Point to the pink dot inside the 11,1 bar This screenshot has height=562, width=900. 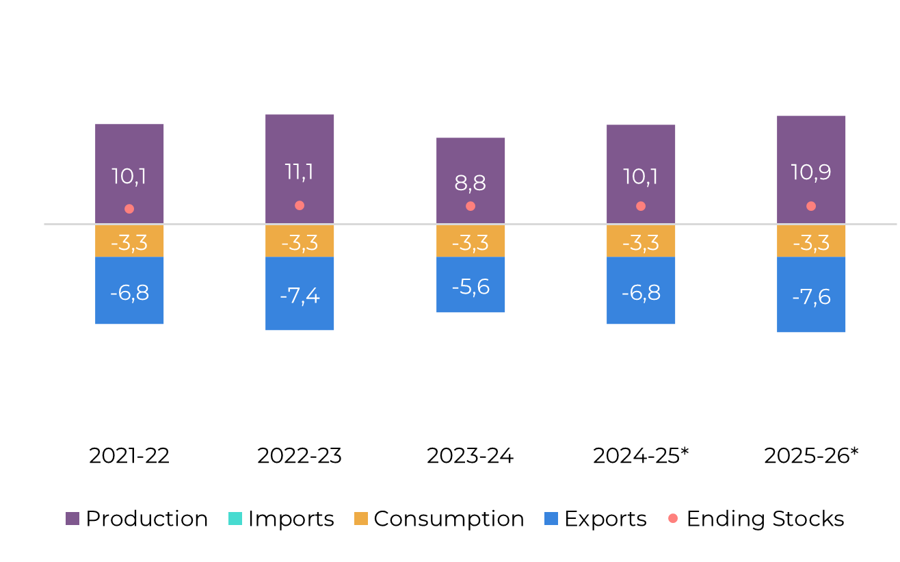click(x=300, y=205)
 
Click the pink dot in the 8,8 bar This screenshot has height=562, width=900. click(x=471, y=206)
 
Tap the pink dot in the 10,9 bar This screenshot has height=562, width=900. click(x=811, y=206)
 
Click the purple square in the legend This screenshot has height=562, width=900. click(x=72, y=519)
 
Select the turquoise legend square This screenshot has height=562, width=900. click(x=235, y=519)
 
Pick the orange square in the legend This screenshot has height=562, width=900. click(x=361, y=519)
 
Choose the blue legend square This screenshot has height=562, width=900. click(x=551, y=519)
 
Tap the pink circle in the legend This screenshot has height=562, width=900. click(x=673, y=518)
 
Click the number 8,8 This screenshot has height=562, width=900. click(x=471, y=183)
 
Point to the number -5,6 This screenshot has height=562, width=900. click(x=471, y=287)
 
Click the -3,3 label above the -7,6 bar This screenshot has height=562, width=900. click(x=811, y=243)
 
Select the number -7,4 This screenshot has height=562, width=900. click(x=300, y=296)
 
